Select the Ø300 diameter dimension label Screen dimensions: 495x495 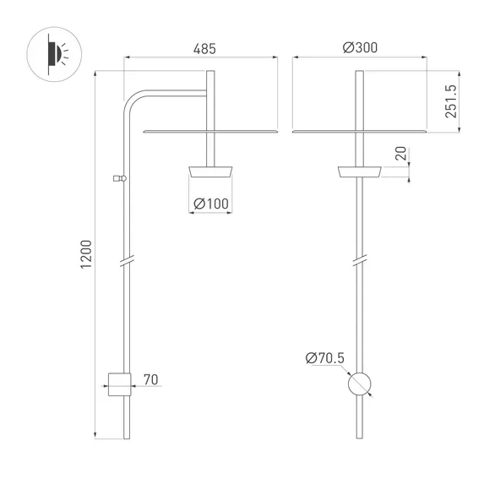pyautogui.click(x=360, y=49)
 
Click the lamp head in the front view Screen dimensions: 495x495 pyautogui.click(x=360, y=172)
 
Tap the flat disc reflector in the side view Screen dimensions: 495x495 pyautogui.click(x=211, y=132)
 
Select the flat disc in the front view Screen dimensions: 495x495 pyautogui.click(x=360, y=132)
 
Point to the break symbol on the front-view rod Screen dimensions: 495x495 pyautogui.click(x=360, y=260)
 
